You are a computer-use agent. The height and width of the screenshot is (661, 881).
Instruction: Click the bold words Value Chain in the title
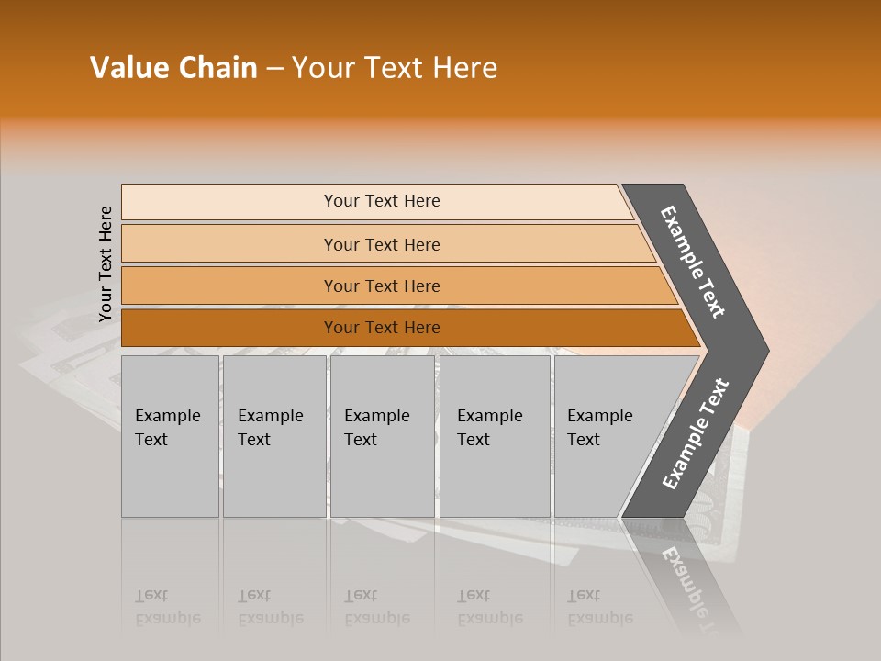[173, 68]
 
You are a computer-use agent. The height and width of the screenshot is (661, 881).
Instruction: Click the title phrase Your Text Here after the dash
[395, 68]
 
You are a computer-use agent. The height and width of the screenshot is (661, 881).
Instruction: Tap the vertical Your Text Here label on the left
[106, 263]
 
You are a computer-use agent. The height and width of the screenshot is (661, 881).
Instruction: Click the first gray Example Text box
[170, 436]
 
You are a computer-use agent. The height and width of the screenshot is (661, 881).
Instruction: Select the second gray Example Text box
[273, 436]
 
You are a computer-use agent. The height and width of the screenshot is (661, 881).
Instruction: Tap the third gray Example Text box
[382, 436]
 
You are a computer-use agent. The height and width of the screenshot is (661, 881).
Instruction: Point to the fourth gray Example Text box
[494, 436]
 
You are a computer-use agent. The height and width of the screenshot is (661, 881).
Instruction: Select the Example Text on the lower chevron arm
[696, 434]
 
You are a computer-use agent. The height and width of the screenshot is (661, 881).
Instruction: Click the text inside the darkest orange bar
[382, 328]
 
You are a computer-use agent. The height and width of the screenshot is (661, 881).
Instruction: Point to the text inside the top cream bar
[382, 201]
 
